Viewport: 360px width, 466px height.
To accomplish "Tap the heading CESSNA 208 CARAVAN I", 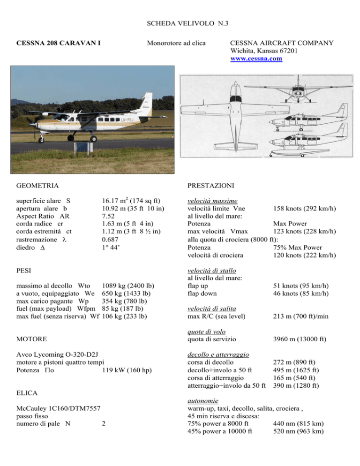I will pos(60,44).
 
